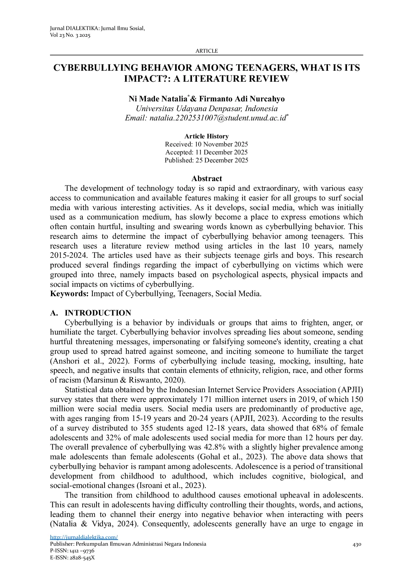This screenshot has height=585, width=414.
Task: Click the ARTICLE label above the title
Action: (x=206, y=51)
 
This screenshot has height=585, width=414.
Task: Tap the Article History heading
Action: (x=206, y=136)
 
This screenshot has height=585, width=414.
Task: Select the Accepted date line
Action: (x=206, y=152)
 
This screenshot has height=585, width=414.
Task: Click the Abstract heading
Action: (x=206, y=179)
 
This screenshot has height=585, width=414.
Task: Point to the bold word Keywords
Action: (x=69, y=294)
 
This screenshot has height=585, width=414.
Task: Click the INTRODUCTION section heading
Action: (x=98, y=313)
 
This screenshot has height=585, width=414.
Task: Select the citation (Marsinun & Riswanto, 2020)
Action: (x=134, y=380)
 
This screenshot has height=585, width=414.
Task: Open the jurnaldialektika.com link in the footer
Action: (x=84, y=537)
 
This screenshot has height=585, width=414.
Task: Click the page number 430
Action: (x=357, y=544)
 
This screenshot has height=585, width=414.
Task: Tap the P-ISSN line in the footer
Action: (x=72, y=551)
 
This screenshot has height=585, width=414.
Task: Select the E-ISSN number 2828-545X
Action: (x=82, y=557)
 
